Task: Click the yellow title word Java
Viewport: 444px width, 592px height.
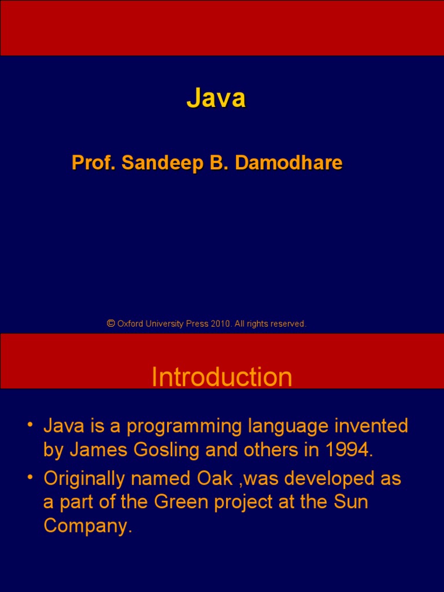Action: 216,98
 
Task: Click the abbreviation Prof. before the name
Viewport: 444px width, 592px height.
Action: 94,163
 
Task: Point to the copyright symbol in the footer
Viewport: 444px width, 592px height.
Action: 110,324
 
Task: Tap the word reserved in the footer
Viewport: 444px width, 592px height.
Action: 287,324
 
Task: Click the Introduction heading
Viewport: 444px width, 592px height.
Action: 221,378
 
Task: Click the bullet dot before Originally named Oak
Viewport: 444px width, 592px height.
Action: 29,479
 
